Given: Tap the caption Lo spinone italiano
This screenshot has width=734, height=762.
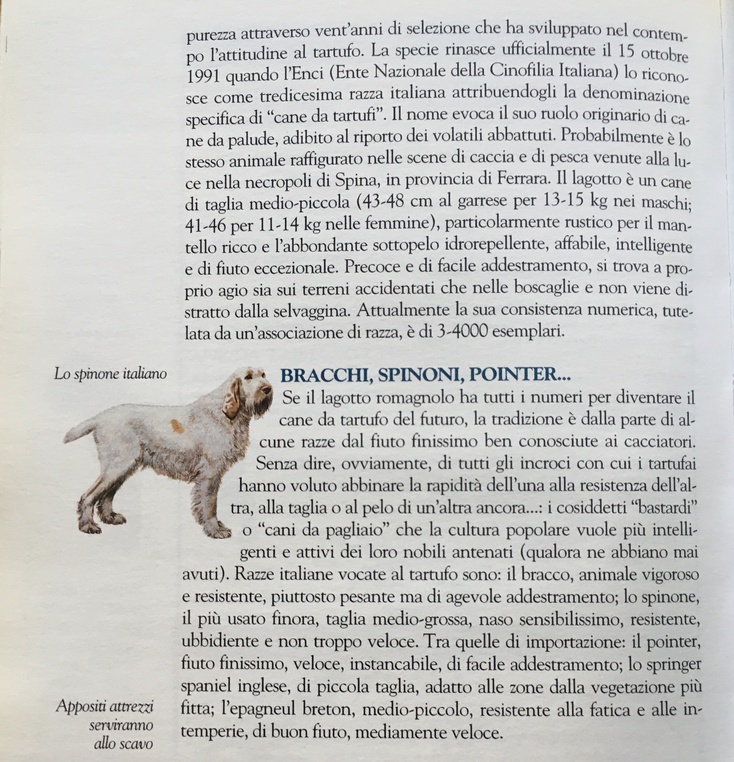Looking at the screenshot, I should (110, 374).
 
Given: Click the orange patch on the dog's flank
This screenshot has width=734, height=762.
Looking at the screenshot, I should (177, 426).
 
